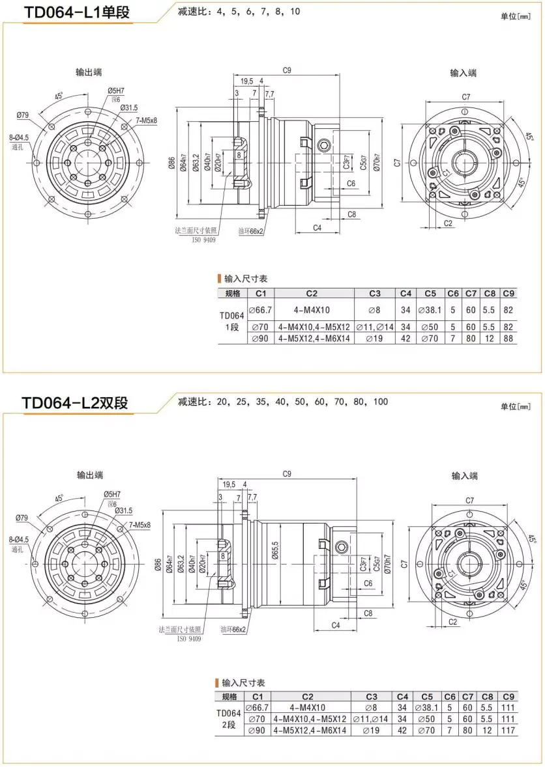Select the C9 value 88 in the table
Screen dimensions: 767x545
(508, 339)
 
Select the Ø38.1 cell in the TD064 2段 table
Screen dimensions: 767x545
(427, 708)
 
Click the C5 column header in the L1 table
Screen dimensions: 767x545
(430, 293)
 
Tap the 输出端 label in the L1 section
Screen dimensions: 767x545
(89, 72)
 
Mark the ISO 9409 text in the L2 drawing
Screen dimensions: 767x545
(188, 639)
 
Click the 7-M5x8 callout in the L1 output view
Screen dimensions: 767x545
(146, 120)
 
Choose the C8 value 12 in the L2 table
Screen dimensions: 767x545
(490, 731)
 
